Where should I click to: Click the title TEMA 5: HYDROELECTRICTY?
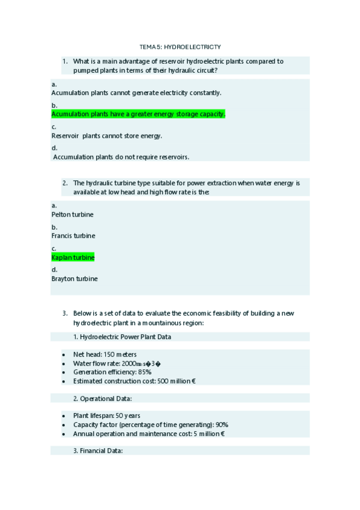[x=180, y=46]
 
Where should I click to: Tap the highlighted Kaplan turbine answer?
[x=73, y=257]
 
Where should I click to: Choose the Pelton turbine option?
[x=73, y=214]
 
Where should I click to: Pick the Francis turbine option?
[x=73, y=236]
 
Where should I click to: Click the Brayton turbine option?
[x=75, y=278]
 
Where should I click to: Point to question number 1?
[x=65, y=61]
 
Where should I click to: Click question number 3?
[x=65, y=313]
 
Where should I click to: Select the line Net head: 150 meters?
[x=105, y=355]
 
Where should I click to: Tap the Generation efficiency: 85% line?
[x=112, y=372]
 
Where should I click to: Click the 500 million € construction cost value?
[x=177, y=381]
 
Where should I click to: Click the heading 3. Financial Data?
[x=102, y=450]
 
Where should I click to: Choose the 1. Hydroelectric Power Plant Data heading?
[x=125, y=337]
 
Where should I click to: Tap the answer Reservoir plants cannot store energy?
[x=106, y=135]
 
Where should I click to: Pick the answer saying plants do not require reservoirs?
[x=121, y=157]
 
